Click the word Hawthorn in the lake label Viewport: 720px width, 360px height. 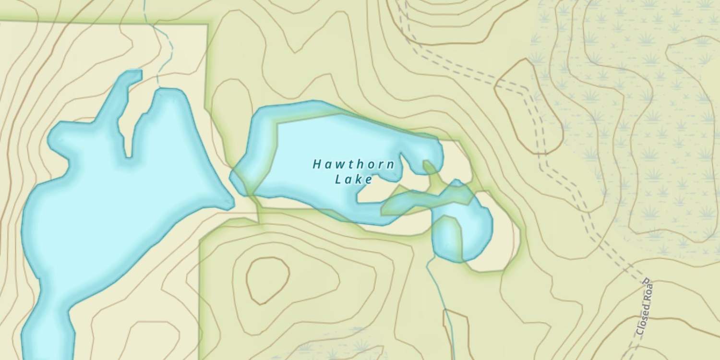coord(354,165)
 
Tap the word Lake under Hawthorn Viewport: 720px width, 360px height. coord(354,180)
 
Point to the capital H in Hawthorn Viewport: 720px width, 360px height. coord(317,165)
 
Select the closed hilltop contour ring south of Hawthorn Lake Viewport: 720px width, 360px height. coord(267,280)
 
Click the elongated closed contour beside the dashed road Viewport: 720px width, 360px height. coord(528,106)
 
